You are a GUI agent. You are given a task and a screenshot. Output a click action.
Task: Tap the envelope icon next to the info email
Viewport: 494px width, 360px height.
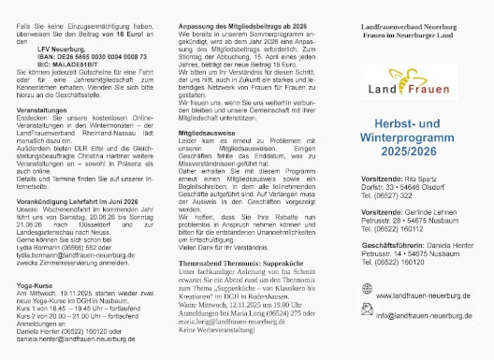coord(358,315)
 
